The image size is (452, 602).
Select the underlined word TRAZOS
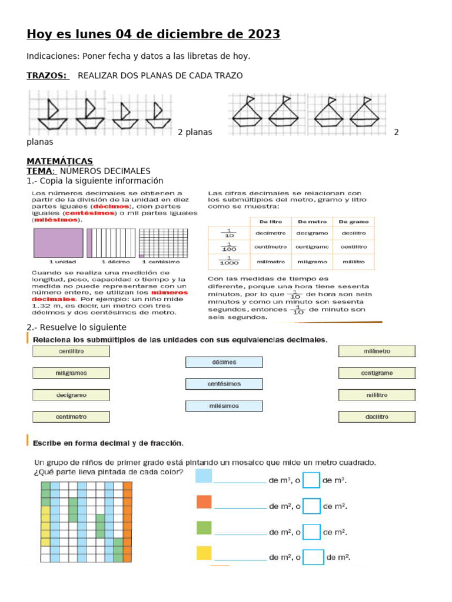[x=47, y=76]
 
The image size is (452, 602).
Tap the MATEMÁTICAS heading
[x=59, y=161]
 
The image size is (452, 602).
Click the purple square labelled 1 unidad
[x=58, y=242]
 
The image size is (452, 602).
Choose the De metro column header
[x=312, y=222]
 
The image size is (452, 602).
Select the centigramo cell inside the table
[x=312, y=247]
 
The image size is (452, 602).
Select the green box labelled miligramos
[x=71, y=373]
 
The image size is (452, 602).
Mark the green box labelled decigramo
[x=71, y=395]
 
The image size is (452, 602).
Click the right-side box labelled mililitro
[x=377, y=395]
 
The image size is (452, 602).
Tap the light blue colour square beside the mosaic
[x=204, y=476]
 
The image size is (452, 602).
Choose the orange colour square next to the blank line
[x=204, y=501]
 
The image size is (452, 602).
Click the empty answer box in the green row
[x=312, y=531]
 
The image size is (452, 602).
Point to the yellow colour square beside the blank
[x=204, y=553]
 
